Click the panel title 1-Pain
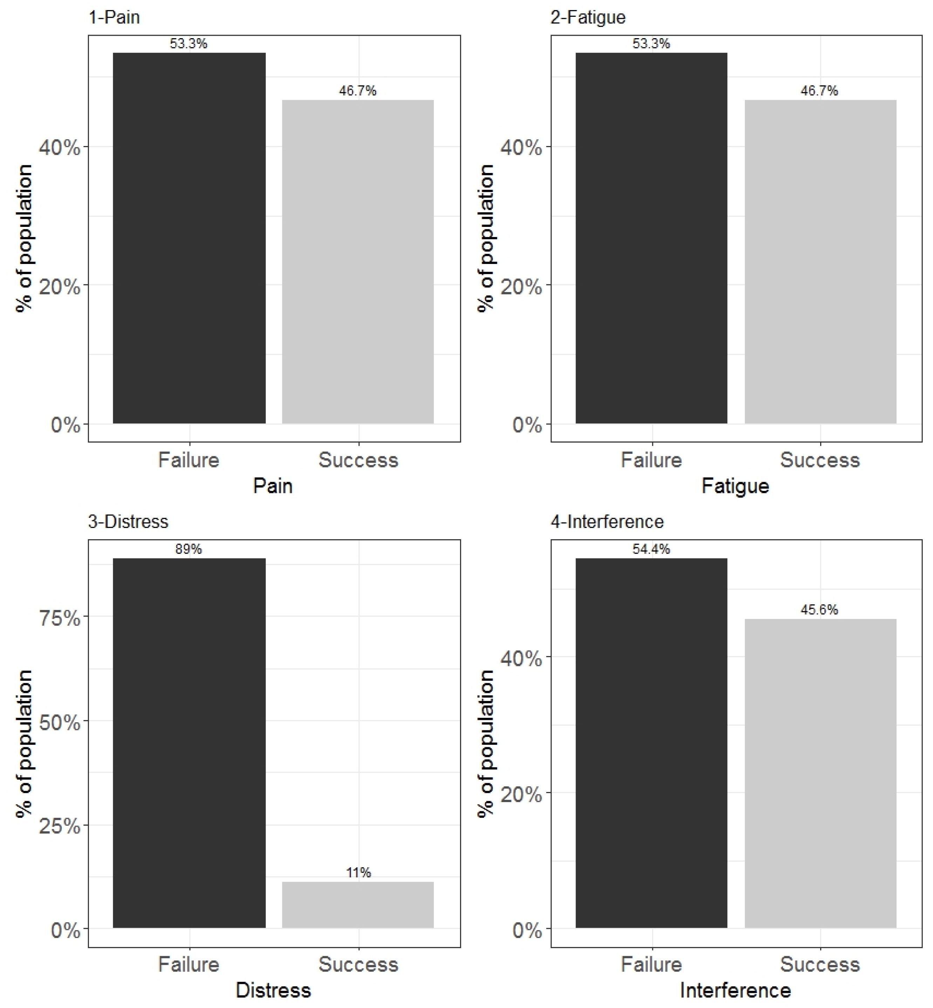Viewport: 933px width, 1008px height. pyautogui.click(x=114, y=17)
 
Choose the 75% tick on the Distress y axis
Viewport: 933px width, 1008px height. pyautogui.click(x=60, y=618)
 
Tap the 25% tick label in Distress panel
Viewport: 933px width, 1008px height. pyautogui.click(x=60, y=826)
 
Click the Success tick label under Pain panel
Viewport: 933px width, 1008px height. pyautogui.click(x=358, y=460)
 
